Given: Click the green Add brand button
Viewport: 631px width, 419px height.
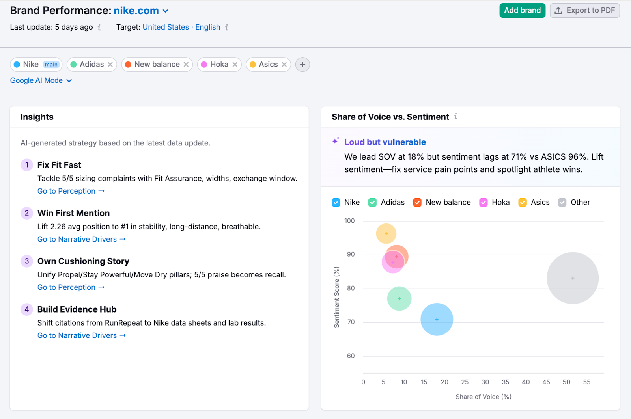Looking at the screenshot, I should click(x=522, y=11).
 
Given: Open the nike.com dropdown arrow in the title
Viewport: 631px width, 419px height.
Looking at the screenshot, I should click(x=166, y=11).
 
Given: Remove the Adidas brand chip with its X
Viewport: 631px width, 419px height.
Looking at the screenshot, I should click(x=110, y=65).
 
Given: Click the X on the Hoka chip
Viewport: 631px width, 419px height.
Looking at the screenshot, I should click(x=235, y=65).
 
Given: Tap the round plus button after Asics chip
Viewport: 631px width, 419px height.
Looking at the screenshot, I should click(x=302, y=65).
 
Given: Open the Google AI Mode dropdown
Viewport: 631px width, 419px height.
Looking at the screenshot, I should click(x=41, y=80).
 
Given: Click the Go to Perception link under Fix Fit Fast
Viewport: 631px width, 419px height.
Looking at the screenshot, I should click(x=71, y=191).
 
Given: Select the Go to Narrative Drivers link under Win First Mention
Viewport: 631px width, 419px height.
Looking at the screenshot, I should click(x=81, y=239).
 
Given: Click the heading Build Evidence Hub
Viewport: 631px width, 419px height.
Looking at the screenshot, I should click(x=77, y=309).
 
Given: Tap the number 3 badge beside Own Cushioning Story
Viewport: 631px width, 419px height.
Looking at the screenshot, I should click(x=27, y=261).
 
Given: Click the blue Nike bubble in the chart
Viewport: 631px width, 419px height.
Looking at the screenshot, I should click(x=437, y=319).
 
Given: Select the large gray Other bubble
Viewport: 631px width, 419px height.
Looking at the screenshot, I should click(x=573, y=278).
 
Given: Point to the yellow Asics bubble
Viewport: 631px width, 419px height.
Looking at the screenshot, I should click(x=386, y=233).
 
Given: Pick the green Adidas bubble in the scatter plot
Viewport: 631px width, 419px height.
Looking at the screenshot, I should click(x=400, y=299).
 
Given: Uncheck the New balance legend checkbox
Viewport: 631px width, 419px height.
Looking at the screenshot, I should click(x=417, y=203).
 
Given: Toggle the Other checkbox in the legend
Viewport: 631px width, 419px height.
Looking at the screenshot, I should click(x=562, y=203).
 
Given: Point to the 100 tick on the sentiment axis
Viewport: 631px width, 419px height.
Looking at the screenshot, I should click(x=349, y=221).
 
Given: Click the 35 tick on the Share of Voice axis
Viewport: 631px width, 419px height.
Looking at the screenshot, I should click(x=506, y=382).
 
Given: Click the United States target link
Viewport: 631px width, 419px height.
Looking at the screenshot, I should click(x=166, y=27).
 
